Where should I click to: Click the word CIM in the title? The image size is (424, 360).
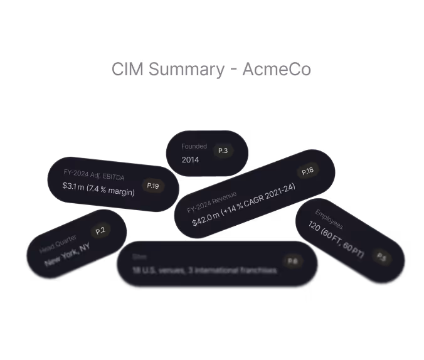pos(125,69)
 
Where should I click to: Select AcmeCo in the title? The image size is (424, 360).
pos(276,69)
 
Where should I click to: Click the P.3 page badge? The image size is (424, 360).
pos(223,151)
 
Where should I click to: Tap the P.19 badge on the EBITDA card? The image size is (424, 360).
pos(152,186)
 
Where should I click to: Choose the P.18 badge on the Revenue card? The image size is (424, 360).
pos(308,171)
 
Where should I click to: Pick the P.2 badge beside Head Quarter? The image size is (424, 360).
pos(100,231)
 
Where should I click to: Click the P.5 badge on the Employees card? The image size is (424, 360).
pos(381,256)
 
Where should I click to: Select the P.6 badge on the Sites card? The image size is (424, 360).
pos(292,261)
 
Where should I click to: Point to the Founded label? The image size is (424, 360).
pos(194,146)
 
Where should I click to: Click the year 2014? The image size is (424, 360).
pos(190,160)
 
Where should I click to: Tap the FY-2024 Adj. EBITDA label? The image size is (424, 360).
pos(94,174)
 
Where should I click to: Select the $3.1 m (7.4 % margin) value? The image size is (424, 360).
pos(98,188)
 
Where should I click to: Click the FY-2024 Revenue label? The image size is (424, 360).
pos(211,204)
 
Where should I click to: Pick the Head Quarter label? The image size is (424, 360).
pos(58,243)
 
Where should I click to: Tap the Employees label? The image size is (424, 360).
pos(329,219)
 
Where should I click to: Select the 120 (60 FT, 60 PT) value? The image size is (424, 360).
pos(336,240)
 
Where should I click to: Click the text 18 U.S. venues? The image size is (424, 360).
pos(154,270)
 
